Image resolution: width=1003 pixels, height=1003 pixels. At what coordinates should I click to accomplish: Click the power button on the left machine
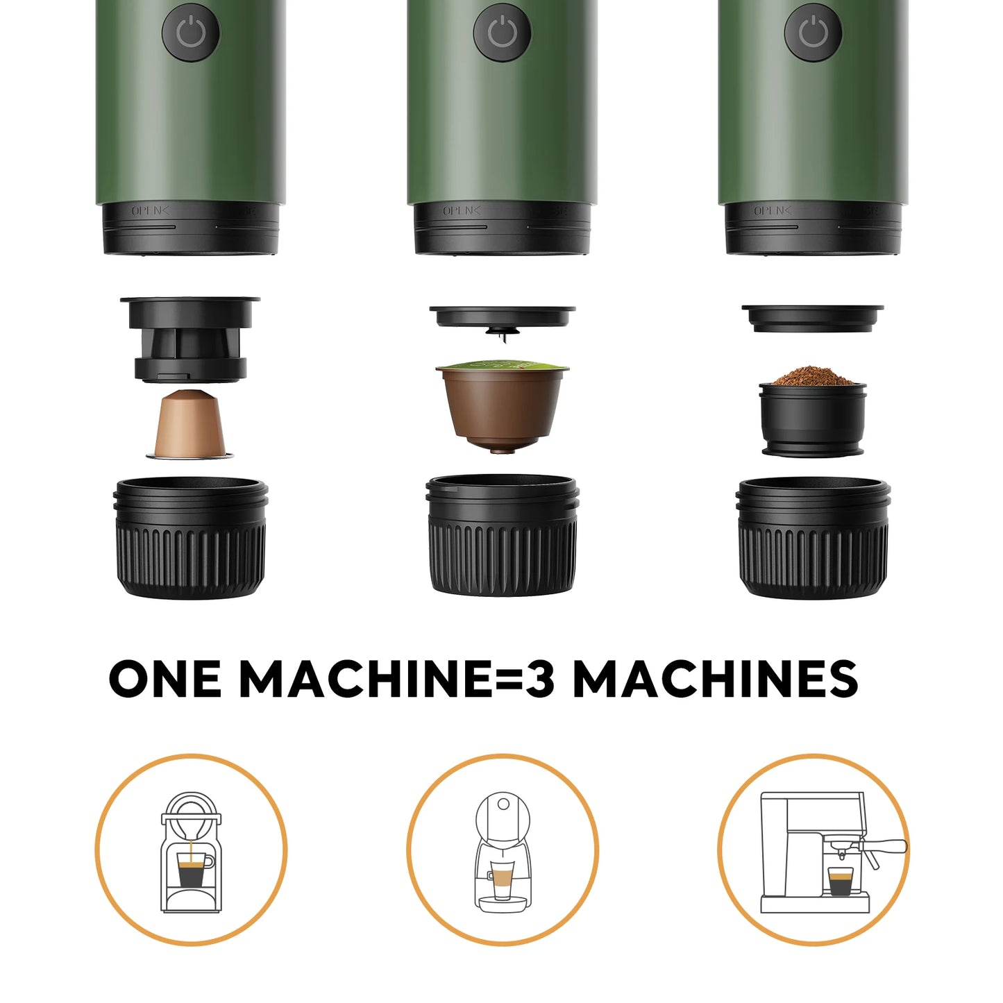pyautogui.click(x=191, y=33)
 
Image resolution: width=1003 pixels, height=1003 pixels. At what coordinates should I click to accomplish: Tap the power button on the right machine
pyautogui.click(x=813, y=33)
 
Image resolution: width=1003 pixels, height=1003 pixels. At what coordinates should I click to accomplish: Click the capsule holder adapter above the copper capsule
pyautogui.click(x=189, y=339)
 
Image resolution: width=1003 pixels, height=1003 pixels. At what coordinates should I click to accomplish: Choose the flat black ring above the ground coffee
pyautogui.click(x=812, y=317)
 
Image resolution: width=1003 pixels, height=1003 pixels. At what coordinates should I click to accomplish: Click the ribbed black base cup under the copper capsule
pyautogui.click(x=190, y=539)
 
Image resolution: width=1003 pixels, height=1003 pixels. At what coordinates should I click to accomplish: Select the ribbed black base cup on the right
pyautogui.click(x=813, y=537)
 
